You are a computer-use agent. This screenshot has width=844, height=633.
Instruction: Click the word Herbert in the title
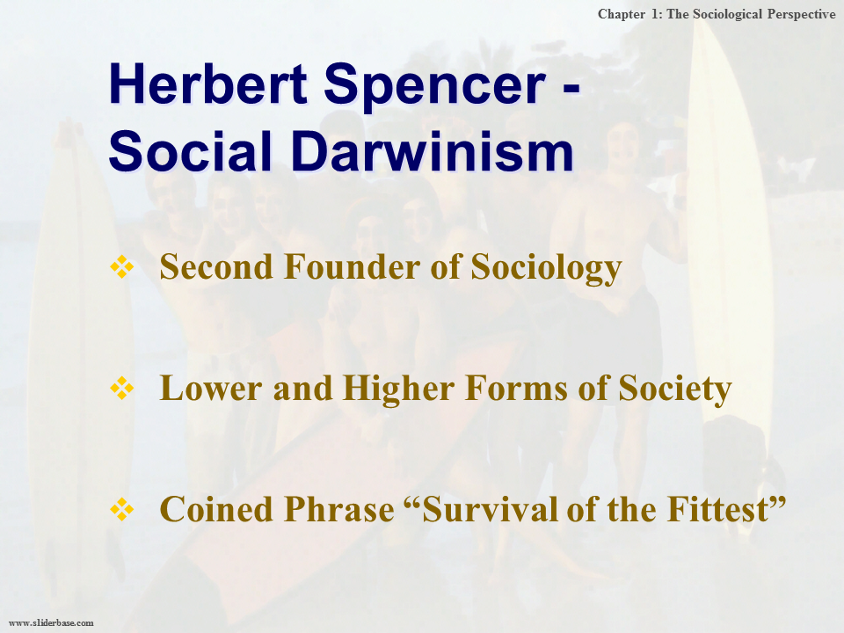point(208,84)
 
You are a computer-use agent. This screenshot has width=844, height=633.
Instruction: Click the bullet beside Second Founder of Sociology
point(121,266)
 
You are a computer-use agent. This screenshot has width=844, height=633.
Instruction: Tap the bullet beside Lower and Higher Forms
point(121,388)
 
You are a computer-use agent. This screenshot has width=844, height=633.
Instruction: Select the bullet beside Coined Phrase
point(121,509)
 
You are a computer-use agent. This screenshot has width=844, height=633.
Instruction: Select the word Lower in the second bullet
point(211,388)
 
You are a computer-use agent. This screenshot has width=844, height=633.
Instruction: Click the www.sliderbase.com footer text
point(51,622)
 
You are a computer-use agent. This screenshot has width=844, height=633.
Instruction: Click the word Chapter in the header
point(622,15)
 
